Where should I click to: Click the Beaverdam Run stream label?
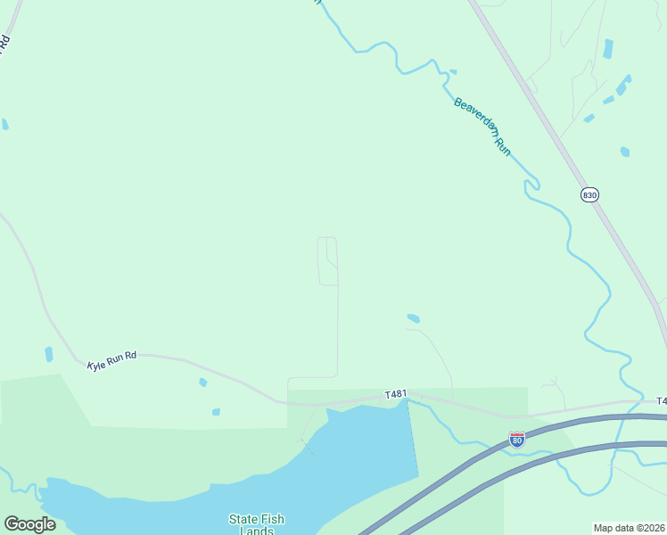(x=482, y=128)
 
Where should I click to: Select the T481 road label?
(x=395, y=394)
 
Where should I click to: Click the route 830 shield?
(x=589, y=195)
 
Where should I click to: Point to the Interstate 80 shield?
(x=517, y=440)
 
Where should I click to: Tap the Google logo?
(x=29, y=524)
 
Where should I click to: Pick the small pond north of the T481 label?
(x=413, y=318)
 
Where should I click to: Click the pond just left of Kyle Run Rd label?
(x=48, y=354)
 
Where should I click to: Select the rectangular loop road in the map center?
(x=328, y=261)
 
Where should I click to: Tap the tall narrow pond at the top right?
(x=608, y=49)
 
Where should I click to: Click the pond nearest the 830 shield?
(x=625, y=152)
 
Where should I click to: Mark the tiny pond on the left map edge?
(x=4, y=124)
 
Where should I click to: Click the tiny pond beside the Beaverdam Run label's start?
(x=453, y=72)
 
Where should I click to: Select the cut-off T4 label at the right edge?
(x=661, y=401)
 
